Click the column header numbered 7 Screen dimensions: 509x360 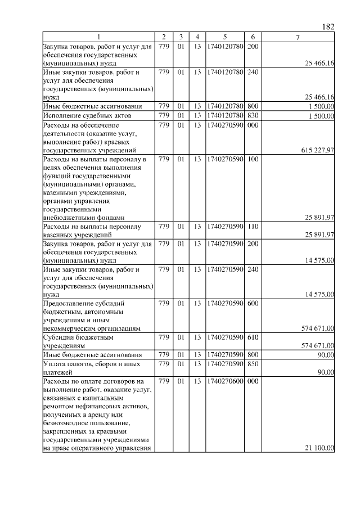pos(298,37)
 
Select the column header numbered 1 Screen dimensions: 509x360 pos(99,37)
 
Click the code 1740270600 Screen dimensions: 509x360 pos(225,381)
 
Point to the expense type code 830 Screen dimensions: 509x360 pos(253,116)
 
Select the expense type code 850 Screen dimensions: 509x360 pos(253,364)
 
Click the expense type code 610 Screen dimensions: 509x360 pos(253,337)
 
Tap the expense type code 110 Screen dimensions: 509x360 pos(253,226)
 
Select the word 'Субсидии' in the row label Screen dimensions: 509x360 pos(58,337)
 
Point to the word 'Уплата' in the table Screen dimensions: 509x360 pos(55,364)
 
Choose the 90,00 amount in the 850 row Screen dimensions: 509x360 pos(326,372)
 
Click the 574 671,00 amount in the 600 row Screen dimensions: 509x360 pos(318,328)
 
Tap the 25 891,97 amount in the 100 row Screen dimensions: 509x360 pos(319,217)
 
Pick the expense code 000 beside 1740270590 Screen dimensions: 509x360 pos(253,125)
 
